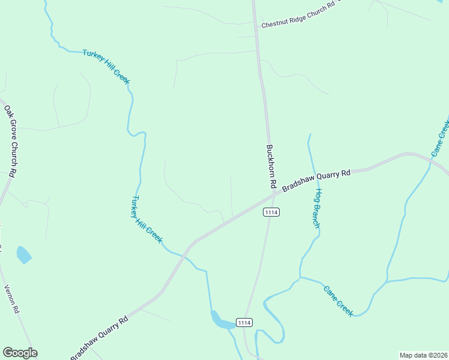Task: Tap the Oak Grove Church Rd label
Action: tap(10, 142)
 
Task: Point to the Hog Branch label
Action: tap(317, 208)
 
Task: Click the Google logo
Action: tap(20, 353)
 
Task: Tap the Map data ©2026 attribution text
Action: tap(424, 355)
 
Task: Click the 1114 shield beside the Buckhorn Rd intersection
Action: tap(271, 212)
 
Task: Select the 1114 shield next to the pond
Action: tap(244, 323)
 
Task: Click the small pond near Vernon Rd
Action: tap(23, 255)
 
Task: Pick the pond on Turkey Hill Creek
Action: tap(221, 322)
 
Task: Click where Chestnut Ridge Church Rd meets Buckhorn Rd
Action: tap(256, 24)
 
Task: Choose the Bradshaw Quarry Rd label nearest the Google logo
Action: tap(100, 338)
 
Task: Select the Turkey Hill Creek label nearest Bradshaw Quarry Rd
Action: tap(147, 220)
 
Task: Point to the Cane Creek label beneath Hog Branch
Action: tap(338, 301)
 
